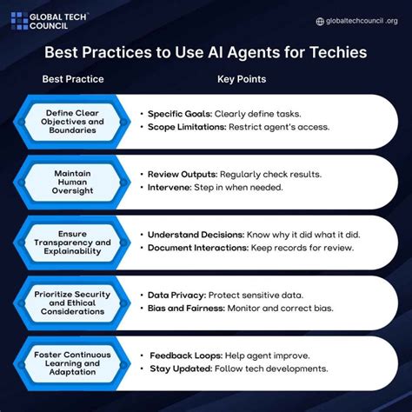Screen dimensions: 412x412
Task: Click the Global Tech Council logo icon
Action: tap(19, 21)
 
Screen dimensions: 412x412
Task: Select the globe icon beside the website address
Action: tap(320, 22)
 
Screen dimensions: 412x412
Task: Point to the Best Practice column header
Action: tap(73, 79)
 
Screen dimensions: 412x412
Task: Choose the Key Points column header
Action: tap(241, 79)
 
